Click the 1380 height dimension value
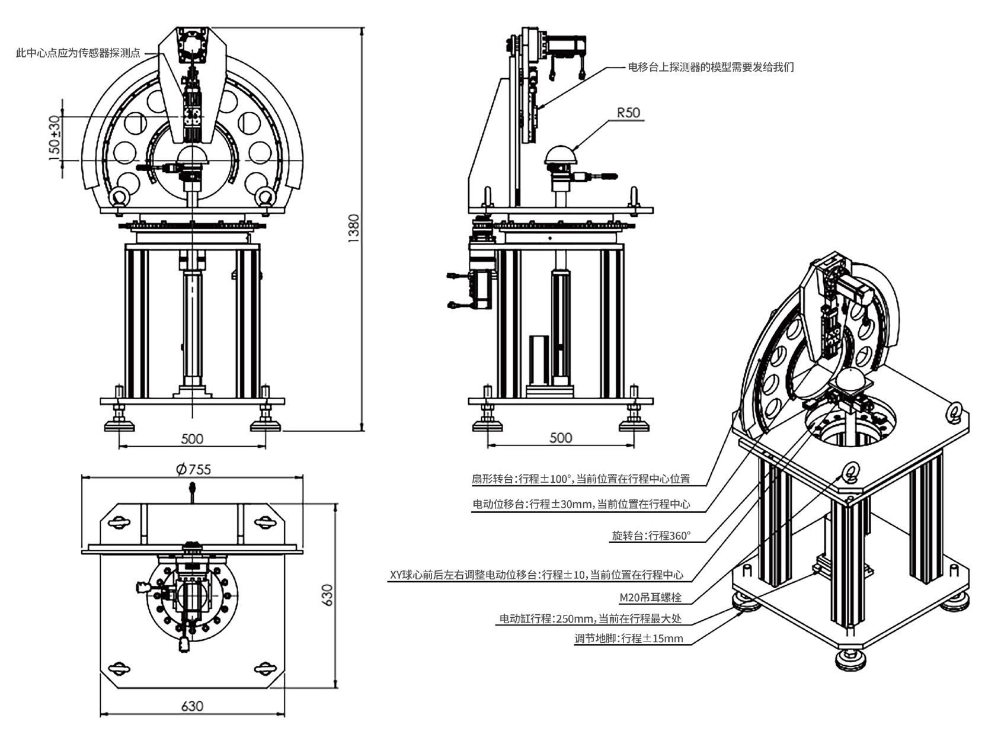(x=354, y=228)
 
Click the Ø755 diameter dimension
(x=193, y=469)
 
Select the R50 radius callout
(x=629, y=112)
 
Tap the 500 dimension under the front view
(x=191, y=439)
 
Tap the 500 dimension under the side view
(x=561, y=438)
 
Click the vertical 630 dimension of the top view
(x=328, y=595)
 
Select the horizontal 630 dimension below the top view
(x=191, y=706)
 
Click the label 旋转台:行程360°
(x=651, y=536)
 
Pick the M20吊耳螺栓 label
(x=650, y=597)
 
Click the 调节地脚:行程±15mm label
(x=628, y=639)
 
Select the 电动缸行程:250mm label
(x=590, y=619)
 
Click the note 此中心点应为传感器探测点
(x=78, y=53)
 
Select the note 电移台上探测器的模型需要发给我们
(x=711, y=67)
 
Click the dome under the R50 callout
(x=561, y=155)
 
